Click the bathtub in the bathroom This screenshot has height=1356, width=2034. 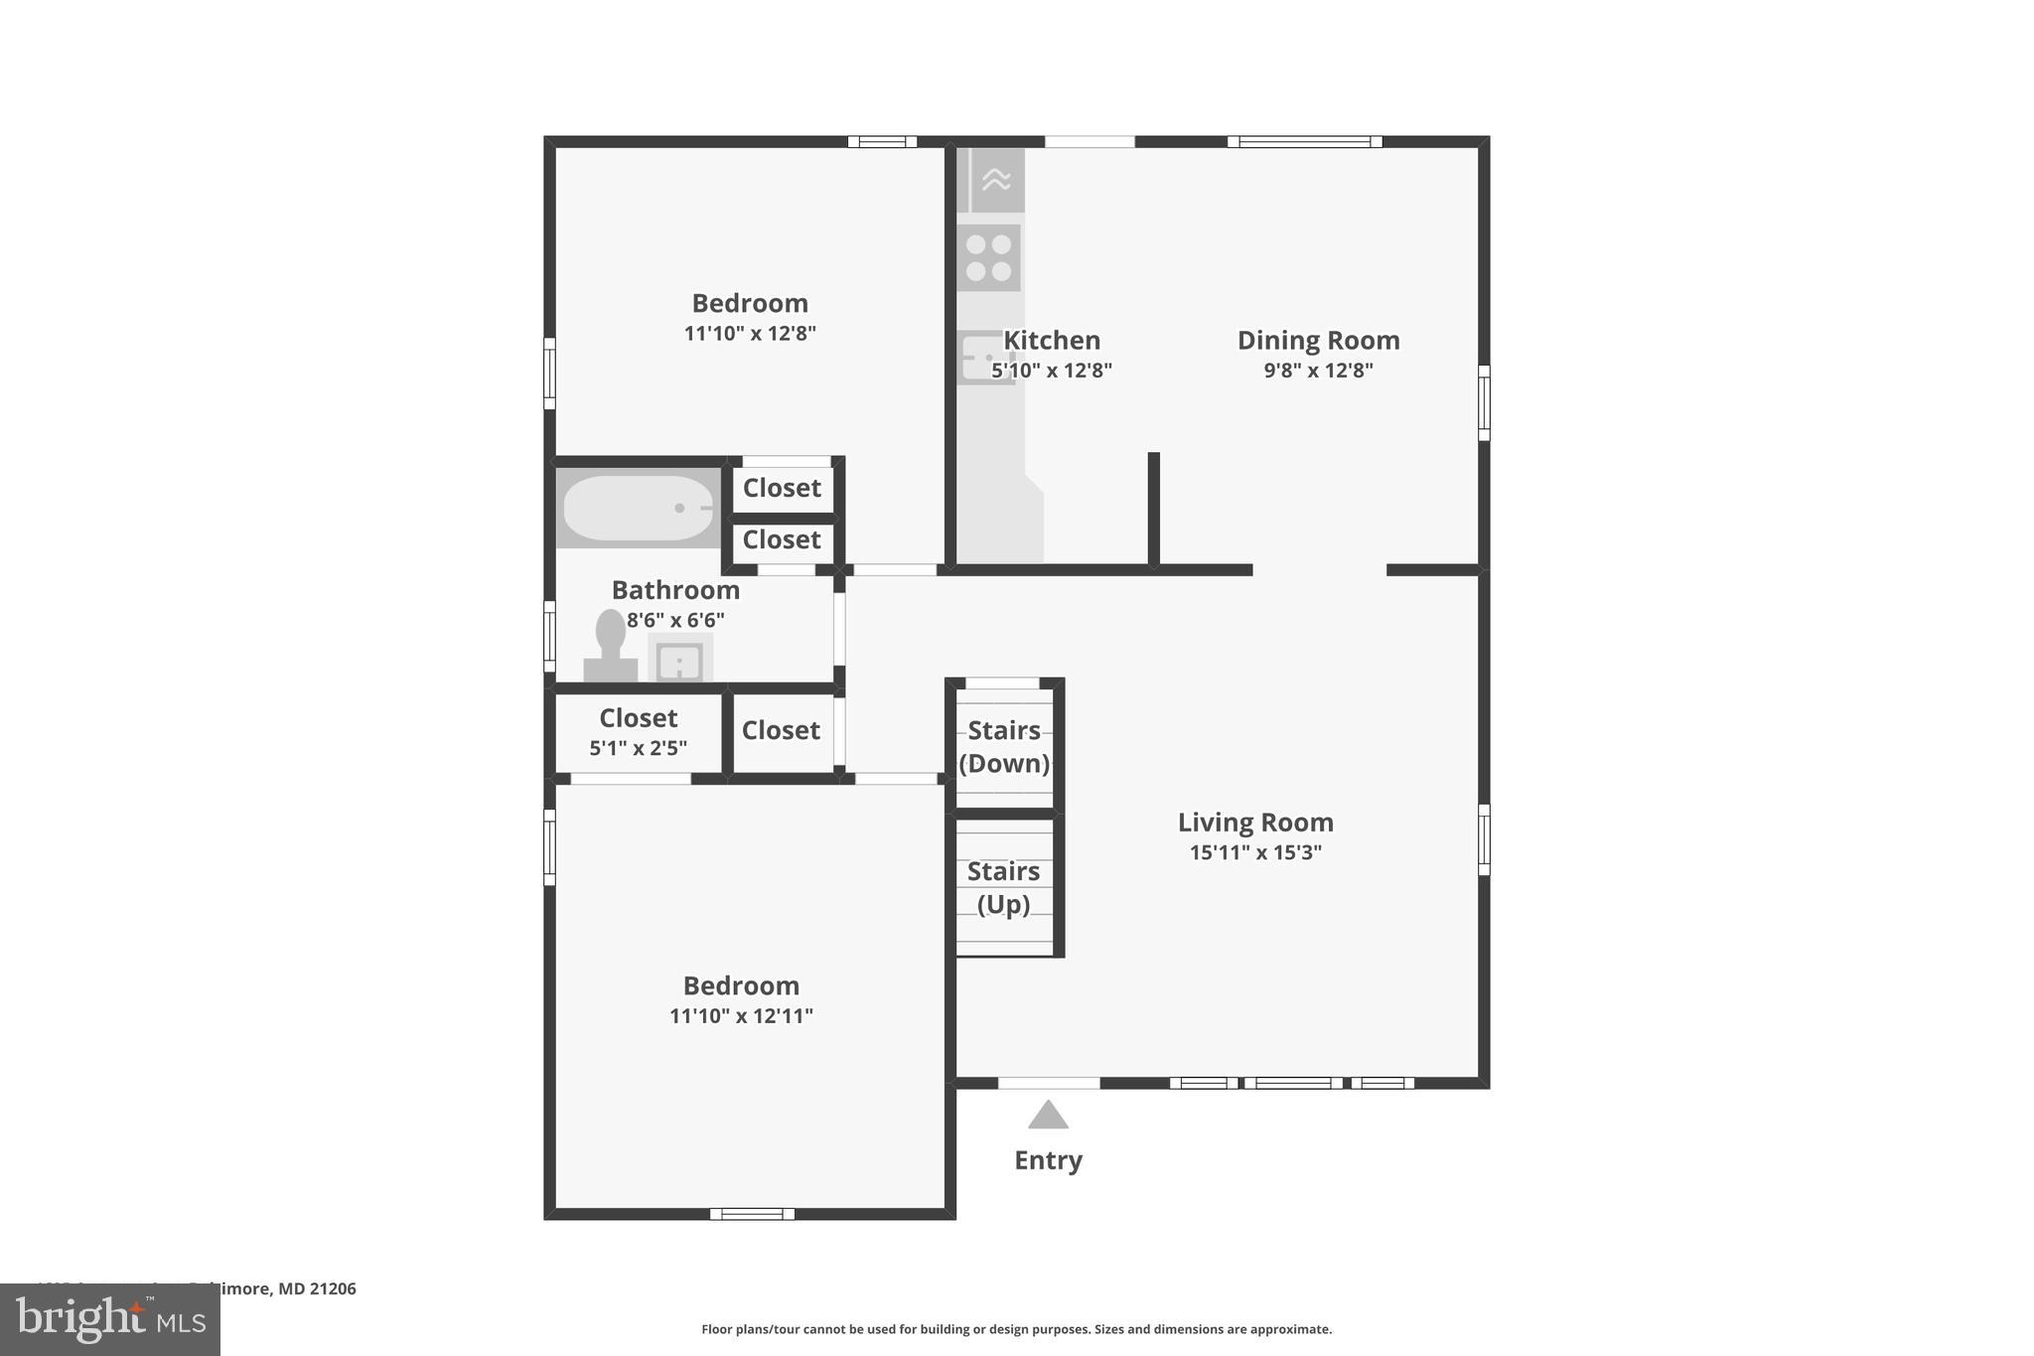(x=638, y=508)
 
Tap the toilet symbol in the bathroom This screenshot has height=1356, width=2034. (x=610, y=646)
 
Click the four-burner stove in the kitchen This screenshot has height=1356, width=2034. (x=989, y=257)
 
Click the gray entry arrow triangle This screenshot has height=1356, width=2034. (x=1048, y=1117)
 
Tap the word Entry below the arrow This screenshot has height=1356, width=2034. (x=1048, y=1160)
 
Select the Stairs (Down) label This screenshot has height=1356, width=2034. (x=1004, y=746)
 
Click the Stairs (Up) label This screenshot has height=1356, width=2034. (x=1003, y=887)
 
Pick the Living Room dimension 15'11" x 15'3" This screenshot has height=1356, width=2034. (x=1255, y=852)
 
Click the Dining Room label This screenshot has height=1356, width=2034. (x=1318, y=341)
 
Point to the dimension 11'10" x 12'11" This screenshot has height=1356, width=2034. (x=741, y=1016)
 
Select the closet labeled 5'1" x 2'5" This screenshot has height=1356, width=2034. (x=638, y=732)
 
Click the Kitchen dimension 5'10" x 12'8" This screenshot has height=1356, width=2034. (x=1052, y=371)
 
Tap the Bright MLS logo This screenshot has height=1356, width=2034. (x=110, y=1320)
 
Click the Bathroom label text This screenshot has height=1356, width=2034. (x=675, y=590)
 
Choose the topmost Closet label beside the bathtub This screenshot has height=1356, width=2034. (x=782, y=488)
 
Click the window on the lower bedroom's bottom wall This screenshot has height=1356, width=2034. (x=752, y=1213)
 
